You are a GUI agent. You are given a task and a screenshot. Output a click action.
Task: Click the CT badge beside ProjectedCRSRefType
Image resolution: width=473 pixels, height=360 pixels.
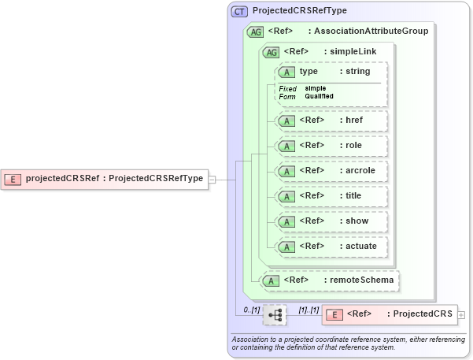[x=240, y=11]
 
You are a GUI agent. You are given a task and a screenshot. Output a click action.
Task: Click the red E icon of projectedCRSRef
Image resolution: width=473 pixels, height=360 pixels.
[x=13, y=179]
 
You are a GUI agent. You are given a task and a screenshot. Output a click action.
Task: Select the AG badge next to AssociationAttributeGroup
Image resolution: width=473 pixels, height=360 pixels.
[x=255, y=32]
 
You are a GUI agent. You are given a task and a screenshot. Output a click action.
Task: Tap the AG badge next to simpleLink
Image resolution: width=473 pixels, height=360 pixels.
[x=271, y=52]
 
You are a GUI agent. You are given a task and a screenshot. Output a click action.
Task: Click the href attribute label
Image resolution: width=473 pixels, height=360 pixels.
[x=354, y=121]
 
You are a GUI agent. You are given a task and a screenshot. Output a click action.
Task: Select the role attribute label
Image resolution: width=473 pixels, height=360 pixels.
[x=354, y=146]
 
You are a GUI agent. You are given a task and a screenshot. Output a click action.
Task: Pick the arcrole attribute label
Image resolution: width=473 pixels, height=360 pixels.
[x=359, y=171]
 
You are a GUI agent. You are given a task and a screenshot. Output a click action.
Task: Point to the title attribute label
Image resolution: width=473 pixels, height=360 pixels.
[x=354, y=196]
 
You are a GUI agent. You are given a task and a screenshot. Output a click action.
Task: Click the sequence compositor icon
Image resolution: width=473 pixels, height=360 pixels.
[x=275, y=314]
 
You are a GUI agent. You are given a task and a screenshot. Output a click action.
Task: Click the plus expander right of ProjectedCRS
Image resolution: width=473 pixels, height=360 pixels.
[x=461, y=314]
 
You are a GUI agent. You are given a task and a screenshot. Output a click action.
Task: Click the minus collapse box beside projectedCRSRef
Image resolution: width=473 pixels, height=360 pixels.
[x=212, y=179]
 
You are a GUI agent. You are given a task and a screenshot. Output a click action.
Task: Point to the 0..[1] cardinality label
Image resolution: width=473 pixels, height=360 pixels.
[x=251, y=310]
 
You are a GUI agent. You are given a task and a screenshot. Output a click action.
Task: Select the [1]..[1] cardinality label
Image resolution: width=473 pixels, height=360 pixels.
[x=309, y=310]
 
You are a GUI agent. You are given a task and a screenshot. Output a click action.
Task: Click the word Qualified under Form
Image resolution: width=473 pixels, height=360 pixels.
[x=319, y=96]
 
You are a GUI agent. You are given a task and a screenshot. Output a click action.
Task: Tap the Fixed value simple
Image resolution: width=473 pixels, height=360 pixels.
[x=316, y=88]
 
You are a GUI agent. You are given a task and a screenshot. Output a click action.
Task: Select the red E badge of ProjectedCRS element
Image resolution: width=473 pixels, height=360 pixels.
[x=334, y=314]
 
